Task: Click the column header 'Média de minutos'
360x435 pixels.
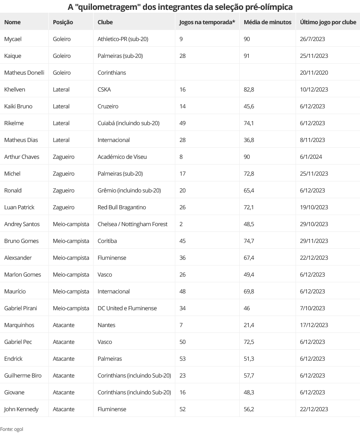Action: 267,22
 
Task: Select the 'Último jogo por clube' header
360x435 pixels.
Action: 328,22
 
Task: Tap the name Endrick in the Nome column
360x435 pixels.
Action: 13,359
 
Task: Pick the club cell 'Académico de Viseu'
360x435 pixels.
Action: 122,157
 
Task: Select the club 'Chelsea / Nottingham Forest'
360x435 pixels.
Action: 133,224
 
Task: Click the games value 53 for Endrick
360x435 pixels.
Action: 183,359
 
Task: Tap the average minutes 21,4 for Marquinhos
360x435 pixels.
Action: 249,325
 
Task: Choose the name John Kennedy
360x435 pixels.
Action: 21,409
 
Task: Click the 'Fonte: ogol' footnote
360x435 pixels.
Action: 11,429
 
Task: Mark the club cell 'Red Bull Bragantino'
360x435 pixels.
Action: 122,207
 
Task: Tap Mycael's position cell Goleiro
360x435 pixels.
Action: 62,39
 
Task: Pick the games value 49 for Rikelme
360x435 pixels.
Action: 183,123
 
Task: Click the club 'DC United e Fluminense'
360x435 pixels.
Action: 127,308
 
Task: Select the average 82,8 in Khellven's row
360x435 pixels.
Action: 249,89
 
